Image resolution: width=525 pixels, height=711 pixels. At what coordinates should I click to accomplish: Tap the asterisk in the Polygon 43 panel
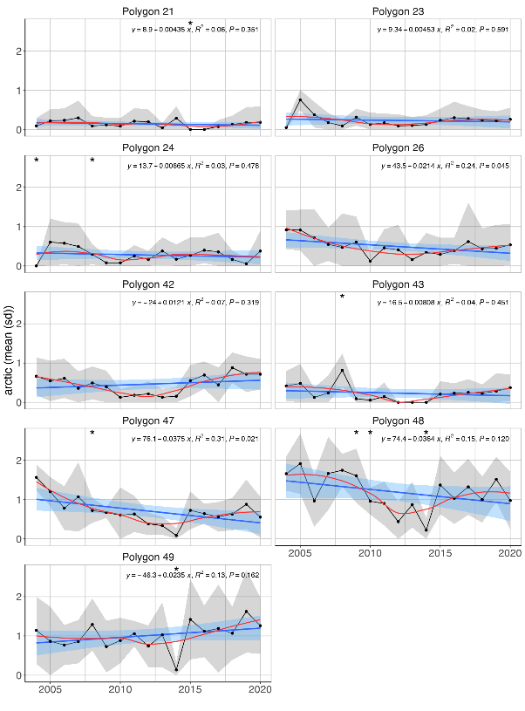(x=343, y=297)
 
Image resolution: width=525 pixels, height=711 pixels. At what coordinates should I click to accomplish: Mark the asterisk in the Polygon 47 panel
(x=92, y=434)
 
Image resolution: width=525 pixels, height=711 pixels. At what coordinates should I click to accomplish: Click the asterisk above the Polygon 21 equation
(x=190, y=24)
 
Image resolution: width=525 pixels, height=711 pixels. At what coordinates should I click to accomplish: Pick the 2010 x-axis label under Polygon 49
(x=120, y=690)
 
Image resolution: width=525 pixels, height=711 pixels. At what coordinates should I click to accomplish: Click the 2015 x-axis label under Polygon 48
(x=440, y=554)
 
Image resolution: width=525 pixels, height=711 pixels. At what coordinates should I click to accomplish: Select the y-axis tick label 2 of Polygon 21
(x=18, y=51)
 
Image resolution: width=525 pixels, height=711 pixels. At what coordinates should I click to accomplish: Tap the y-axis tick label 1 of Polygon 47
(x=18, y=500)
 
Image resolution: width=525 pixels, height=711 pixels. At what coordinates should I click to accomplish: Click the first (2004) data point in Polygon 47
(x=36, y=477)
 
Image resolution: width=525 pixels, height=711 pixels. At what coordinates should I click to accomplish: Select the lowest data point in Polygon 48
(x=426, y=530)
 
